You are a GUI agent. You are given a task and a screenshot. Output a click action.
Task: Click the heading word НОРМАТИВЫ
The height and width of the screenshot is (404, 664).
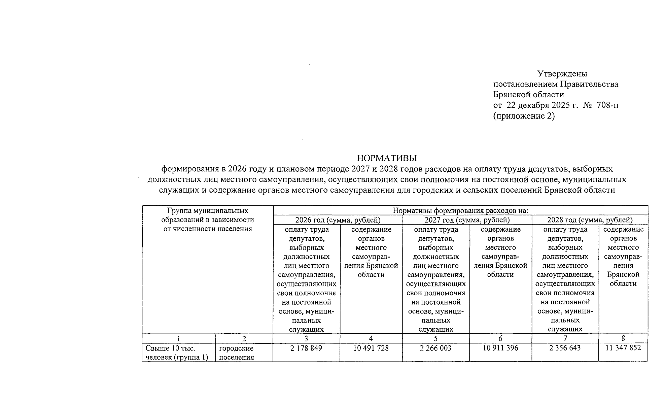point(387,158)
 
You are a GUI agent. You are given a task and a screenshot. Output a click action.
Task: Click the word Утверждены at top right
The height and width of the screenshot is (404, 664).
point(562,73)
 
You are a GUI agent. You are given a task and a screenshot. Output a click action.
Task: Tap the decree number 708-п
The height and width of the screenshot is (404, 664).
point(607,105)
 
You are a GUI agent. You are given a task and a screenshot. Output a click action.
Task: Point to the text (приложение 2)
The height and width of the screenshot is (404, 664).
point(524,116)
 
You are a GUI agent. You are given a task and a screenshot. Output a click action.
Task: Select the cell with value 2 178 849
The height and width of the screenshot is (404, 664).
point(306,348)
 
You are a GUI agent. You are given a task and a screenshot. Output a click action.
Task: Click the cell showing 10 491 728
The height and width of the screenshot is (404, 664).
point(371,348)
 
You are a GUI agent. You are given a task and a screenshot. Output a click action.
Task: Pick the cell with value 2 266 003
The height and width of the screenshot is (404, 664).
point(435,348)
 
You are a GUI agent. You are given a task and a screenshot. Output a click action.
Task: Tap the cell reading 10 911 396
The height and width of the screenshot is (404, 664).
point(500,348)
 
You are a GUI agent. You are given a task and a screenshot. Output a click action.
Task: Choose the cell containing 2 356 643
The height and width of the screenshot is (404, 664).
point(565,348)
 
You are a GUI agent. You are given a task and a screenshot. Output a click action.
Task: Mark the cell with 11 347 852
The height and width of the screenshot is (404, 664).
point(623,348)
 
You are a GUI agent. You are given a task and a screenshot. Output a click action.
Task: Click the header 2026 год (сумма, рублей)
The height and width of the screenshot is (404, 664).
point(338,220)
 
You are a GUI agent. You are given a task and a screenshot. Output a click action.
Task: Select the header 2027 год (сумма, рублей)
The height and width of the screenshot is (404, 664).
point(467,220)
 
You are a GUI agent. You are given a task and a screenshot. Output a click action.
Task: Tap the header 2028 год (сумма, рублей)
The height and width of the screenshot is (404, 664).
point(590,220)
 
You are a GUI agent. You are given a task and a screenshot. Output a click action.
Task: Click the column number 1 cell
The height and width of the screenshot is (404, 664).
point(179,339)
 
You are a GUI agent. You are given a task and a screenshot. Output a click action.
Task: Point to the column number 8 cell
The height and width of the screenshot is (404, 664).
point(623,339)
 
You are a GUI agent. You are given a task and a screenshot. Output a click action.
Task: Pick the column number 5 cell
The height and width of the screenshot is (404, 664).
point(435,339)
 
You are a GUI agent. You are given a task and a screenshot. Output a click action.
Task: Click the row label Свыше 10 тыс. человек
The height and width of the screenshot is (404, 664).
point(177,352)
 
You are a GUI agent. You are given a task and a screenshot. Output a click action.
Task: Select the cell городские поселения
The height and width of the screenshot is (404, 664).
point(236,352)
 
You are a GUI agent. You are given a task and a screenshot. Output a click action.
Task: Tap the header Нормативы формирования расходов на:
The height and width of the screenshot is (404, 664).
point(460,211)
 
